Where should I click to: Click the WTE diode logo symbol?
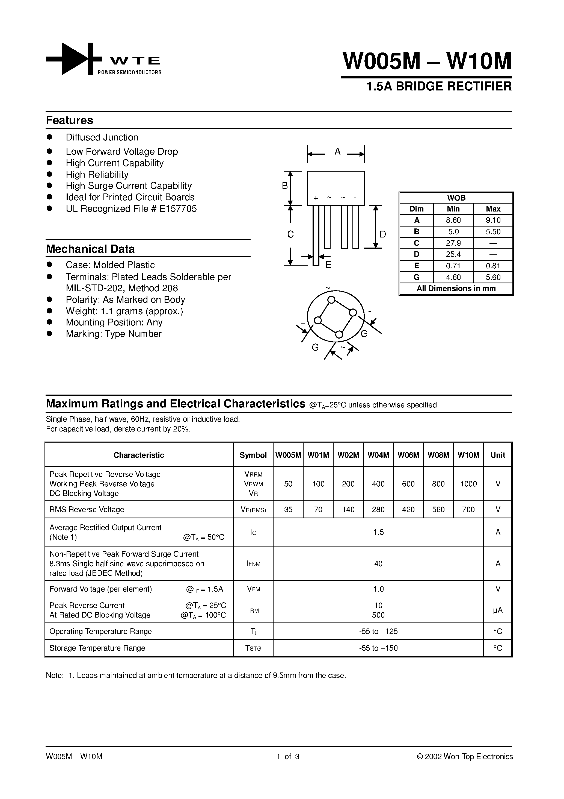click(x=74, y=59)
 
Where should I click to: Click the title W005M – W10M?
click(x=427, y=61)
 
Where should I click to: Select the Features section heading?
click(x=70, y=121)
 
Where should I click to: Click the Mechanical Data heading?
click(x=90, y=249)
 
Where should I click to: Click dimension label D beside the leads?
click(x=382, y=234)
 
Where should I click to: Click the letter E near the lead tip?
click(x=328, y=265)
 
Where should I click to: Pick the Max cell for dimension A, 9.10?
click(x=493, y=220)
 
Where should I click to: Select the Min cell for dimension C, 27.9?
click(x=453, y=243)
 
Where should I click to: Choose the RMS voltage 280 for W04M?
click(x=378, y=509)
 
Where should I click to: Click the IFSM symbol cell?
click(x=253, y=563)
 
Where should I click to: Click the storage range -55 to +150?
click(x=378, y=648)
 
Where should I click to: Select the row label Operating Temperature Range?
click(x=100, y=631)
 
